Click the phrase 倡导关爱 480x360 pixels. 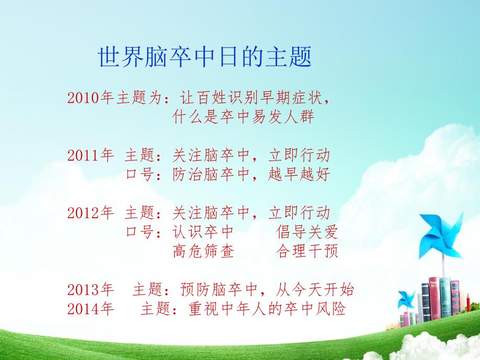pyautogui.click(x=307, y=232)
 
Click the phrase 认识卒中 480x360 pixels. pyautogui.click(x=203, y=232)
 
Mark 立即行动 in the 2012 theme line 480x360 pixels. pyautogui.click(x=299, y=212)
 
